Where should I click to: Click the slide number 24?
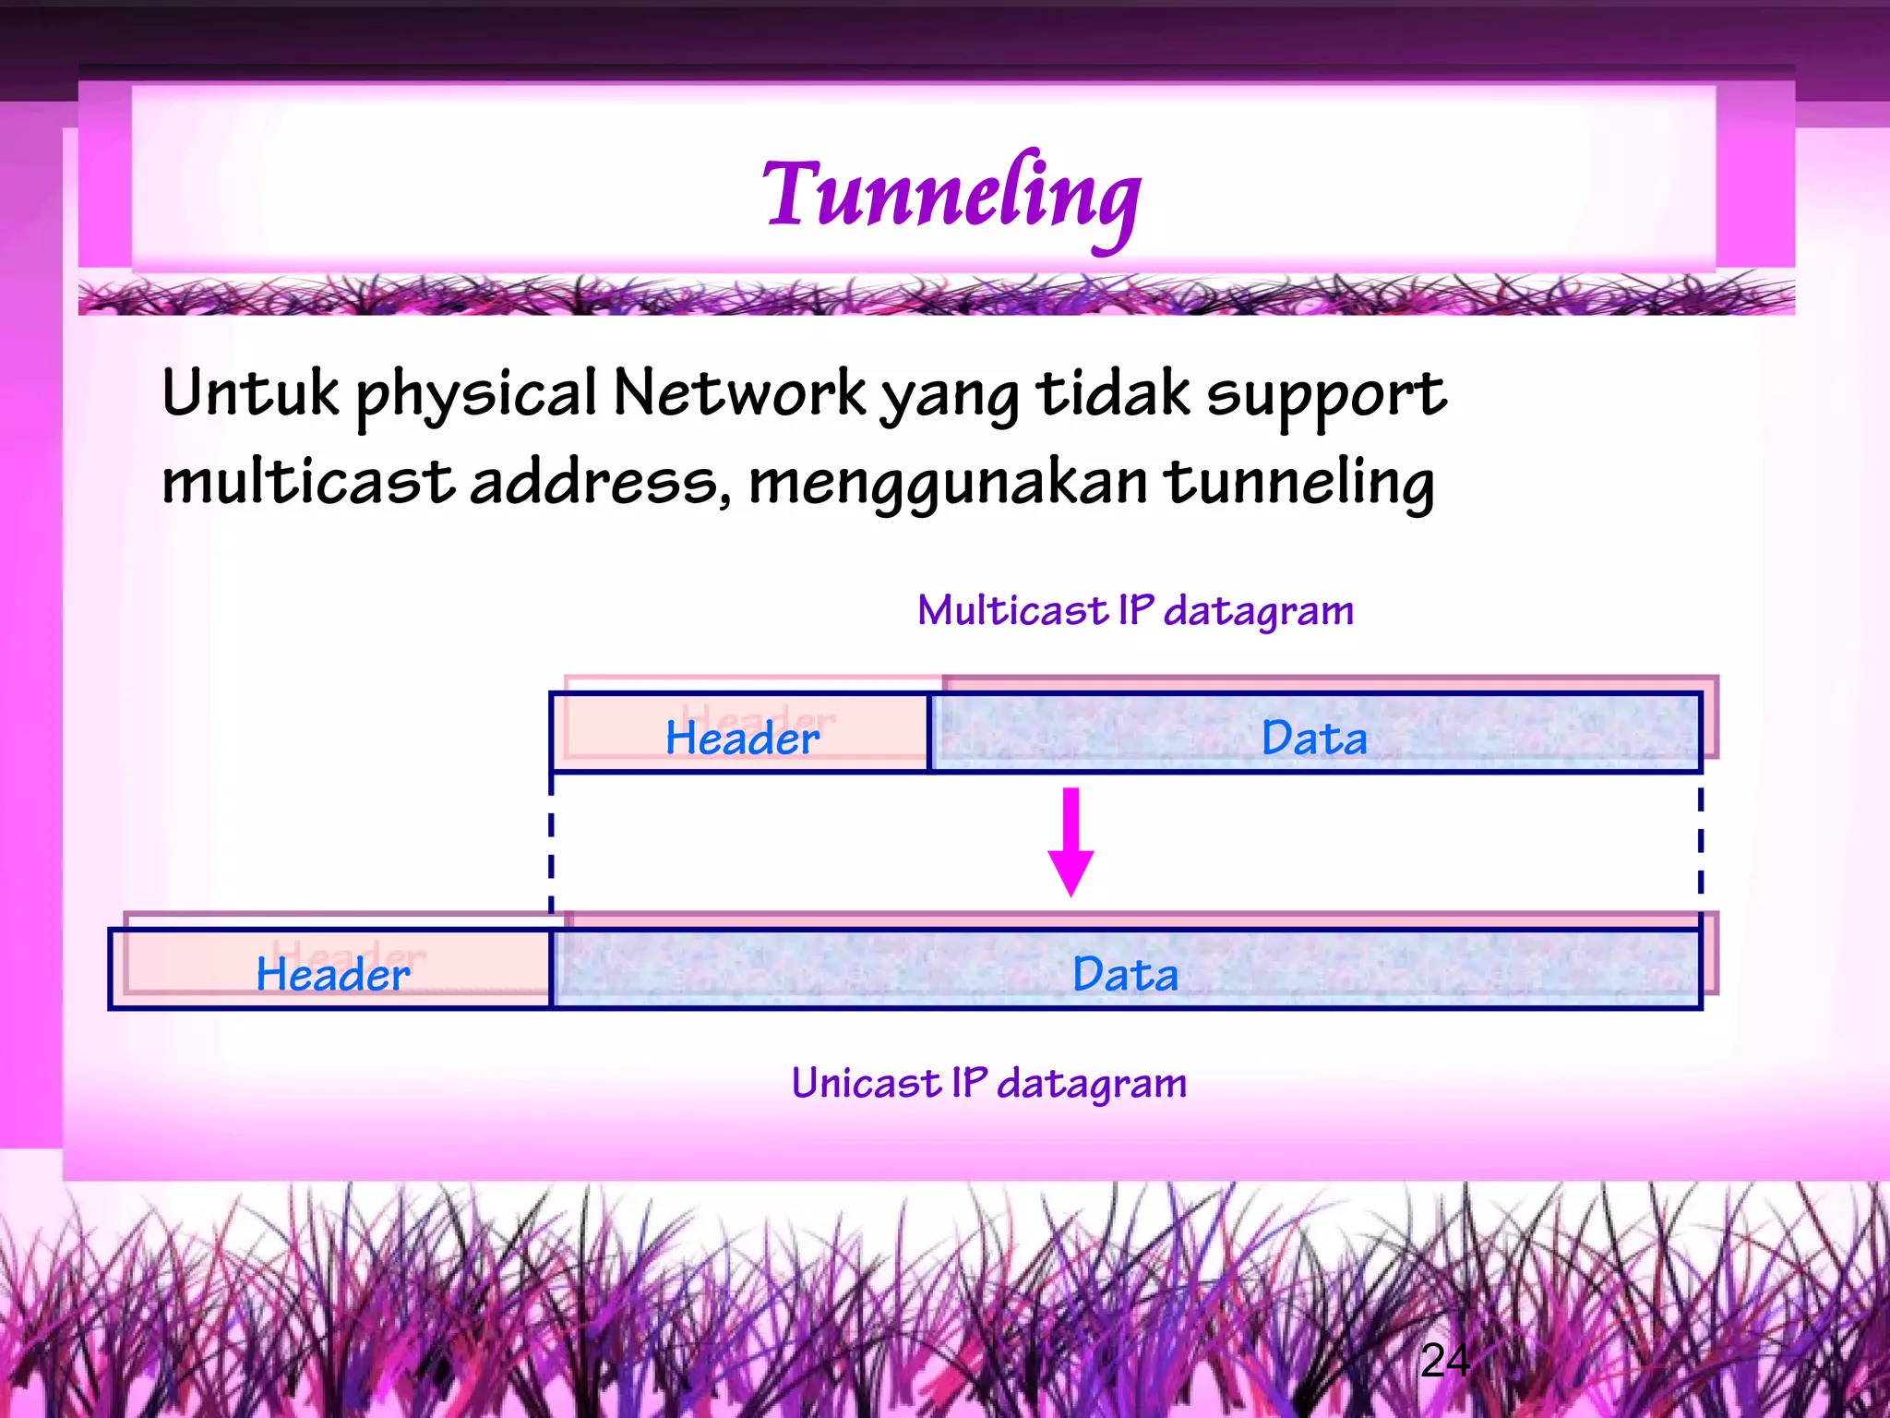[x=1444, y=1360]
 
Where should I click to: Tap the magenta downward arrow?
[x=1071, y=841]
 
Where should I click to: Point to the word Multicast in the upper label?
[x=1011, y=610]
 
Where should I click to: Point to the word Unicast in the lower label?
[x=866, y=1082]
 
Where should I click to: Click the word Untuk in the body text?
[x=250, y=392]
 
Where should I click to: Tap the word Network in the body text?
[x=739, y=392]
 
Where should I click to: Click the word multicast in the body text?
[x=308, y=481]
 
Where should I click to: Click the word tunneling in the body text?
[x=1298, y=483]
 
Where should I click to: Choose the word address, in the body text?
[x=601, y=483]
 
